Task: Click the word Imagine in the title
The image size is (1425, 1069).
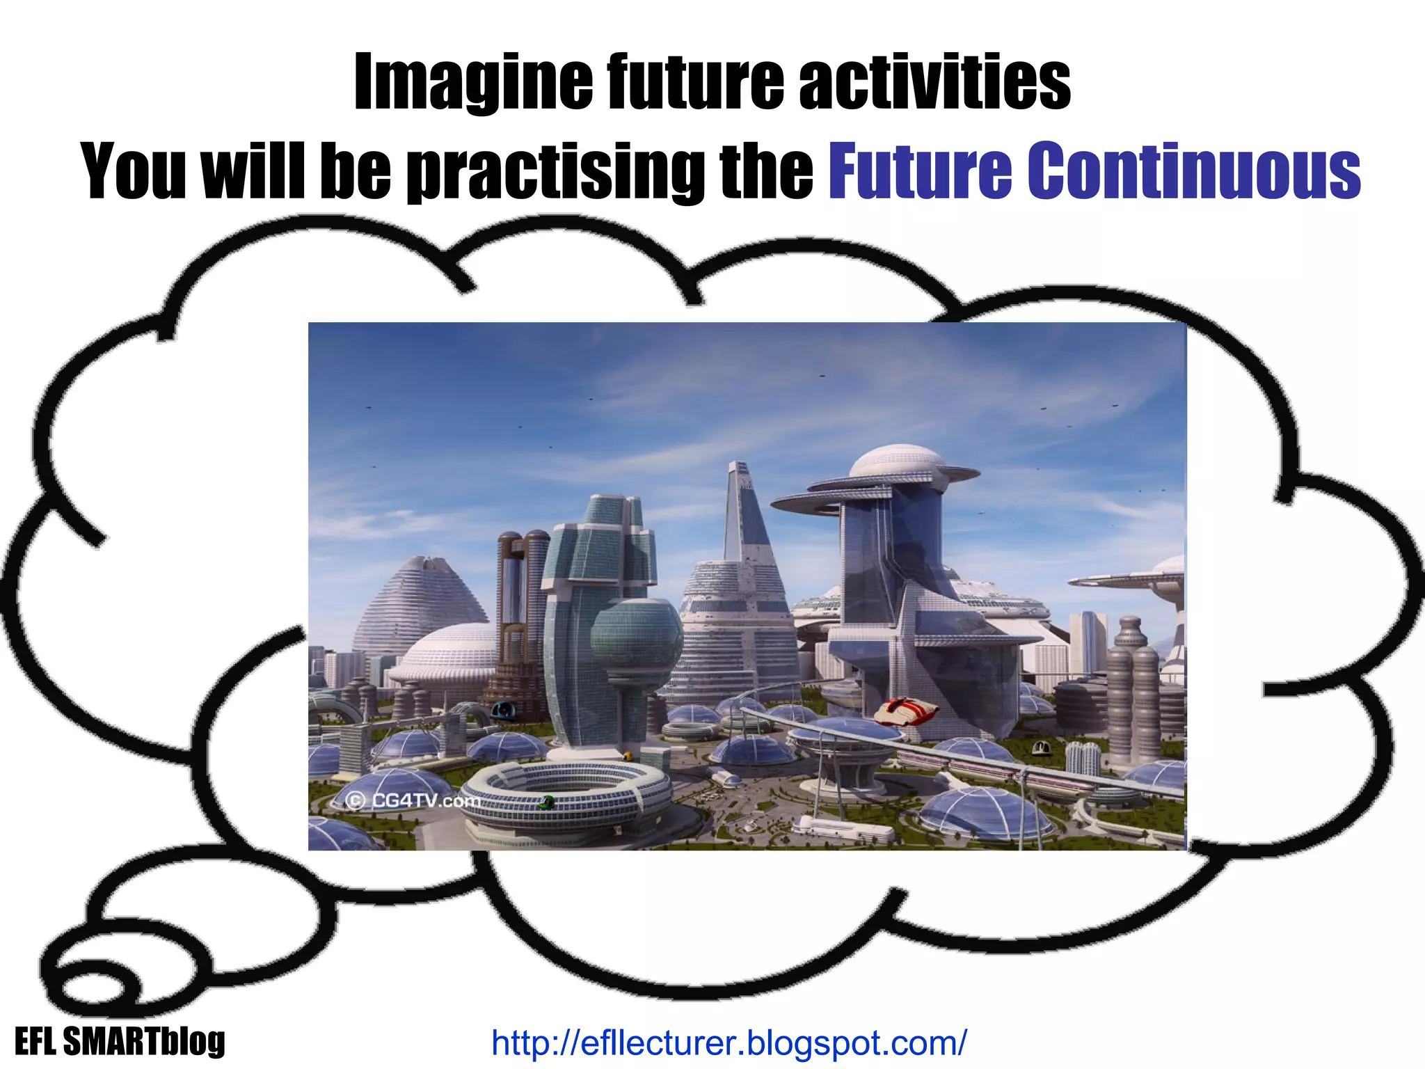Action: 472,84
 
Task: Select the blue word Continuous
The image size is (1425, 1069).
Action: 1193,171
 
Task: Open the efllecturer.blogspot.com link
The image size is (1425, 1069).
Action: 729,1043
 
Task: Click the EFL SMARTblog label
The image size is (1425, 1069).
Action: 120,1042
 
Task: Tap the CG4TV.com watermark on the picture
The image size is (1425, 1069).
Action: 413,800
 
